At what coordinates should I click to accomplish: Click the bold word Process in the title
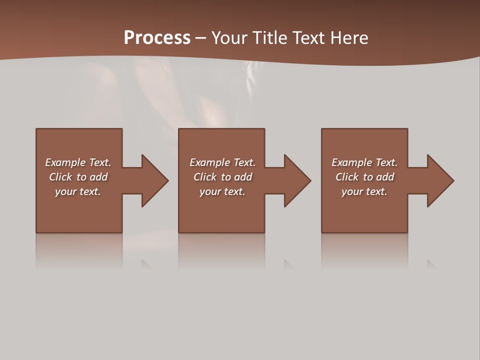pos(157,38)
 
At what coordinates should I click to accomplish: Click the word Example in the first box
pos(65,162)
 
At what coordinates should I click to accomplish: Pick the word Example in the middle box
pos(210,162)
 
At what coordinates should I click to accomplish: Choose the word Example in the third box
pos(352,162)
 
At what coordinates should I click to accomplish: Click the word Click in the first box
pos(60,177)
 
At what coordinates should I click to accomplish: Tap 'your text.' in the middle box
pos(222,192)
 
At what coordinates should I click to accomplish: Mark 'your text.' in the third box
pos(364,192)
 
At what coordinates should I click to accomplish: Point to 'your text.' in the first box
pos(78,192)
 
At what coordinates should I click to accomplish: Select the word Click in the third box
pos(347,177)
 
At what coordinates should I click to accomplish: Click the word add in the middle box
pos(243,177)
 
